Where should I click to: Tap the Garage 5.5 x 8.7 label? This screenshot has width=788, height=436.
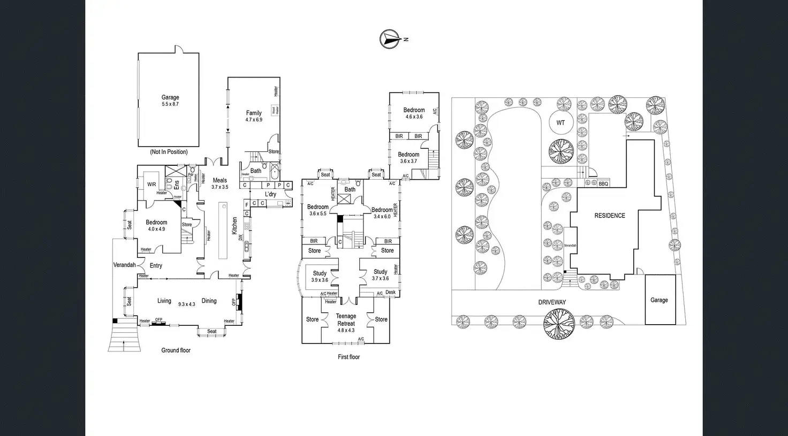click(x=170, y=101)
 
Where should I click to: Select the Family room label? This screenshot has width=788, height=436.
click(x=254, y=116)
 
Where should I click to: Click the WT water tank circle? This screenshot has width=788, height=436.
click(x=560, y=123)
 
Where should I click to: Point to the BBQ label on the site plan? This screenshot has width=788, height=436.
click(x=603, y=184)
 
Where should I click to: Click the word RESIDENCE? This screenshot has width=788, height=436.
click(x=610, y=216)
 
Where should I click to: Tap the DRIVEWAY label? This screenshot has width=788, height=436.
click(x=552, y=302)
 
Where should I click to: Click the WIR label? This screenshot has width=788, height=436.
click(x=151, y=185)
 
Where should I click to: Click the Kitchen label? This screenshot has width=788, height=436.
click(x=234, y=226)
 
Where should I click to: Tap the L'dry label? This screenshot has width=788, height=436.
click(x=271, y=194)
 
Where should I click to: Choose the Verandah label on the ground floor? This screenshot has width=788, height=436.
click(x=124, y=265)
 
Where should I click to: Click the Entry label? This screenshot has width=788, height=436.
click(x=156, y=265)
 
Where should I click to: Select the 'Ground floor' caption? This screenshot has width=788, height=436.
click(x=176, y=350)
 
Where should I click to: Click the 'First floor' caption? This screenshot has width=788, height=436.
click(x=348, y=357)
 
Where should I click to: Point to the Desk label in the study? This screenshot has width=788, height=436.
click(x=390, y=293)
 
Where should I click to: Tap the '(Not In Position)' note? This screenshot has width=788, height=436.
click(x=169, y=152)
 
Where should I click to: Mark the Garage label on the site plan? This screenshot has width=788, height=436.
click(x=659, y=300)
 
